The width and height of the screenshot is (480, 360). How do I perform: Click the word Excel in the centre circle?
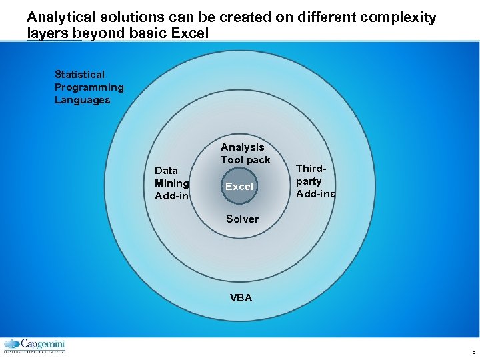coord(239,187)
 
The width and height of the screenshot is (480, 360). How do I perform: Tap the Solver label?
coord(242,219)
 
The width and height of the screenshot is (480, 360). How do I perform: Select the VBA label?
coord(241,298)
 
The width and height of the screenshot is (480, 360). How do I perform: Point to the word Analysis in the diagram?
coord(242,147)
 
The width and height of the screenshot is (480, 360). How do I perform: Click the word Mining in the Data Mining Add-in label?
coord(171,183)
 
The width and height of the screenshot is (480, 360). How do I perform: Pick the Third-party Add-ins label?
coord(315,181)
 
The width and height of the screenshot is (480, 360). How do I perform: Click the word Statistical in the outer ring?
coord(79,74)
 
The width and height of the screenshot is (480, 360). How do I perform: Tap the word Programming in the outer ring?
coord(89,87)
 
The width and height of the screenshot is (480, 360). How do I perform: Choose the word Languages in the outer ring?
coord(82,100)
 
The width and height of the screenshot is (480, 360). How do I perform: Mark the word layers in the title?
coord(48,33)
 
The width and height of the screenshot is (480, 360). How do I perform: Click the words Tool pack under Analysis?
coord(245,160)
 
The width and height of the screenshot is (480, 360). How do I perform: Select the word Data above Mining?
coord(166,171)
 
